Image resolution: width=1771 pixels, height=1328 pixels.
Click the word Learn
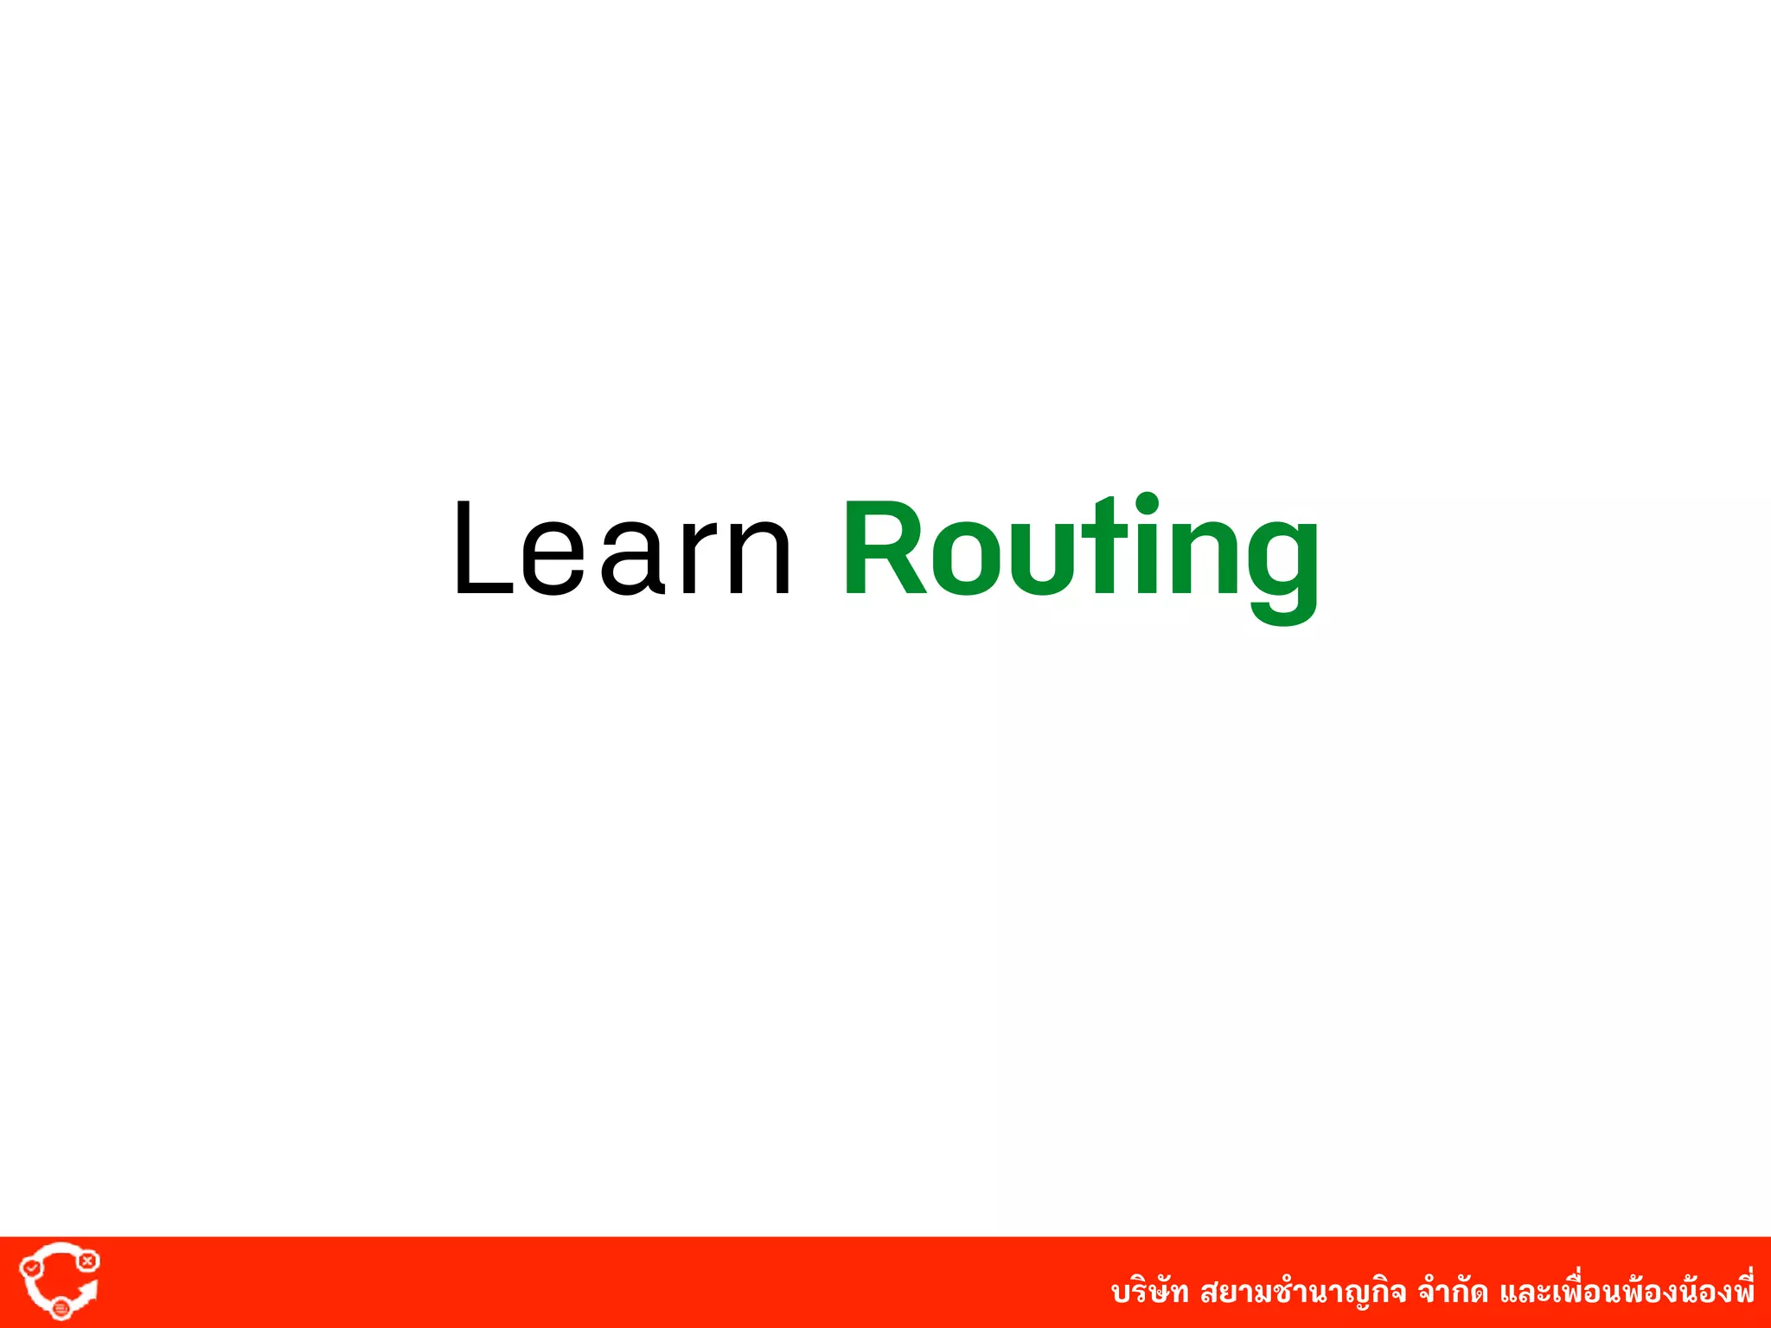[622, 549]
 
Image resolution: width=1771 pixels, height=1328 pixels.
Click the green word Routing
[1080, 553]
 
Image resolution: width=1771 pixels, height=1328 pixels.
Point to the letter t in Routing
[1109, 549]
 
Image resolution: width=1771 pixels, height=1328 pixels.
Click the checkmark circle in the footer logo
[31, 1267]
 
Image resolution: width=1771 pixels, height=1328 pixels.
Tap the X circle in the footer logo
[87, 1261]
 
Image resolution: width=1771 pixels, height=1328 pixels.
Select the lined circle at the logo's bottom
[61, 1308]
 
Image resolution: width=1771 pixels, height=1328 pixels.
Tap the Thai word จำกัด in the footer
[1453, 1292]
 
